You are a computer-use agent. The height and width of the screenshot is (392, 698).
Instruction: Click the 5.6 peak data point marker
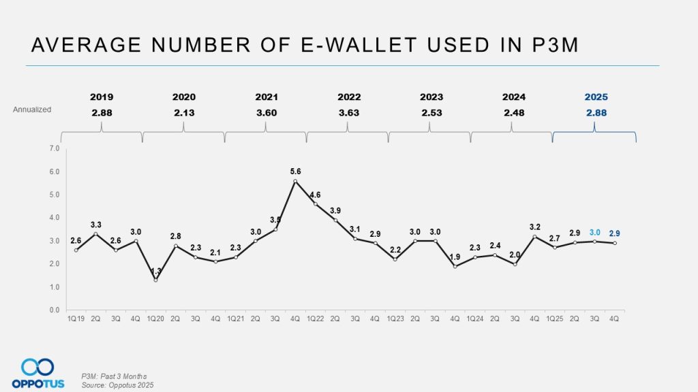coord(295,181)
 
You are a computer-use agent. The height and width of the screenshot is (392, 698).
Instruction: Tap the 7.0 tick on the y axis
coord(55,148)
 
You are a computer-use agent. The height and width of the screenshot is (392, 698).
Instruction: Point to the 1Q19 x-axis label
coord(76,318)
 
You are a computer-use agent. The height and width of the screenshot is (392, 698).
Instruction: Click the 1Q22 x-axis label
coord(315,318)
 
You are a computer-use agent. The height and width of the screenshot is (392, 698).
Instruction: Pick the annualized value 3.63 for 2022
coord(349,112)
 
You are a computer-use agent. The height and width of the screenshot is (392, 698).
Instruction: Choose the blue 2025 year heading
coord(595,97)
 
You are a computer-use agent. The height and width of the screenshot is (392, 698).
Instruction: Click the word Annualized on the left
coord(32,109)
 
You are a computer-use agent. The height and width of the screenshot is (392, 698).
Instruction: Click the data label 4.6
coord(316,195)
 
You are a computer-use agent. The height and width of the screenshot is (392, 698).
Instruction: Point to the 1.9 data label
coord(455,257)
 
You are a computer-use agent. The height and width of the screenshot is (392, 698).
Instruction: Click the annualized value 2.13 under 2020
coord(184,112)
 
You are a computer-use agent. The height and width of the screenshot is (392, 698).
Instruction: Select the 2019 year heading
coord(102,97)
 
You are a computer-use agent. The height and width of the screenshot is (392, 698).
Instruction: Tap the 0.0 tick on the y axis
coord(55,310)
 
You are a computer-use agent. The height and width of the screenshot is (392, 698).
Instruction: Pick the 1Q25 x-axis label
coord(554,318)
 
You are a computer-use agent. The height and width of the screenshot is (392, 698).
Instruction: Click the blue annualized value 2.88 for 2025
coord(595,112)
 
